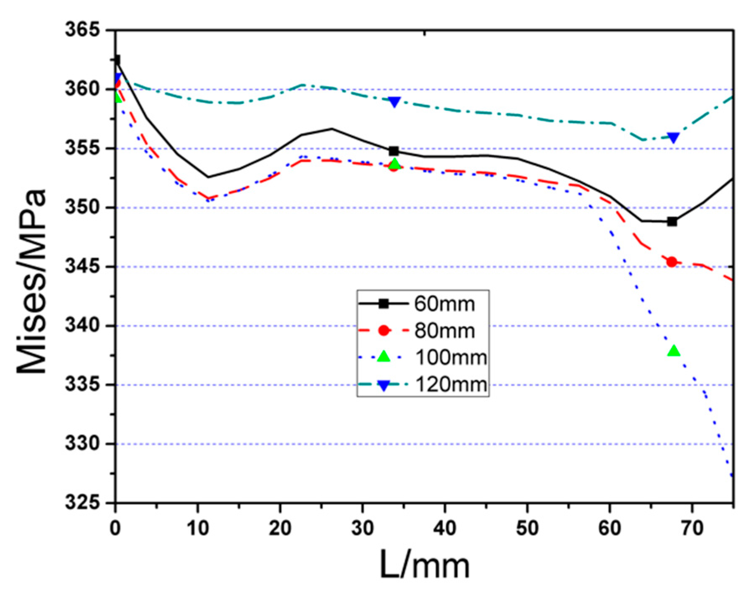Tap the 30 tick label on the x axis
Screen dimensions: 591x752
coord(363,528)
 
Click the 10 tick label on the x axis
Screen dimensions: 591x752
coord(197,528)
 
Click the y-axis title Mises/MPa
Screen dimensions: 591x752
coord(31,282)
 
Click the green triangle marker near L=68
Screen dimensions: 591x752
coord(674,351)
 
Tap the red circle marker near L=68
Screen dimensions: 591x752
coord(672,262)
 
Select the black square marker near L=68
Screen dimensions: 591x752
coord(672,221)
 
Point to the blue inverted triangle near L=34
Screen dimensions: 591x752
coord(394,102)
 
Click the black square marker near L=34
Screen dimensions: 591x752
coord(394,151)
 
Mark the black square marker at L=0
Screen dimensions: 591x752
coord(117,60)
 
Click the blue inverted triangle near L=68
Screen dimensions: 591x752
coord(673,138)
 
